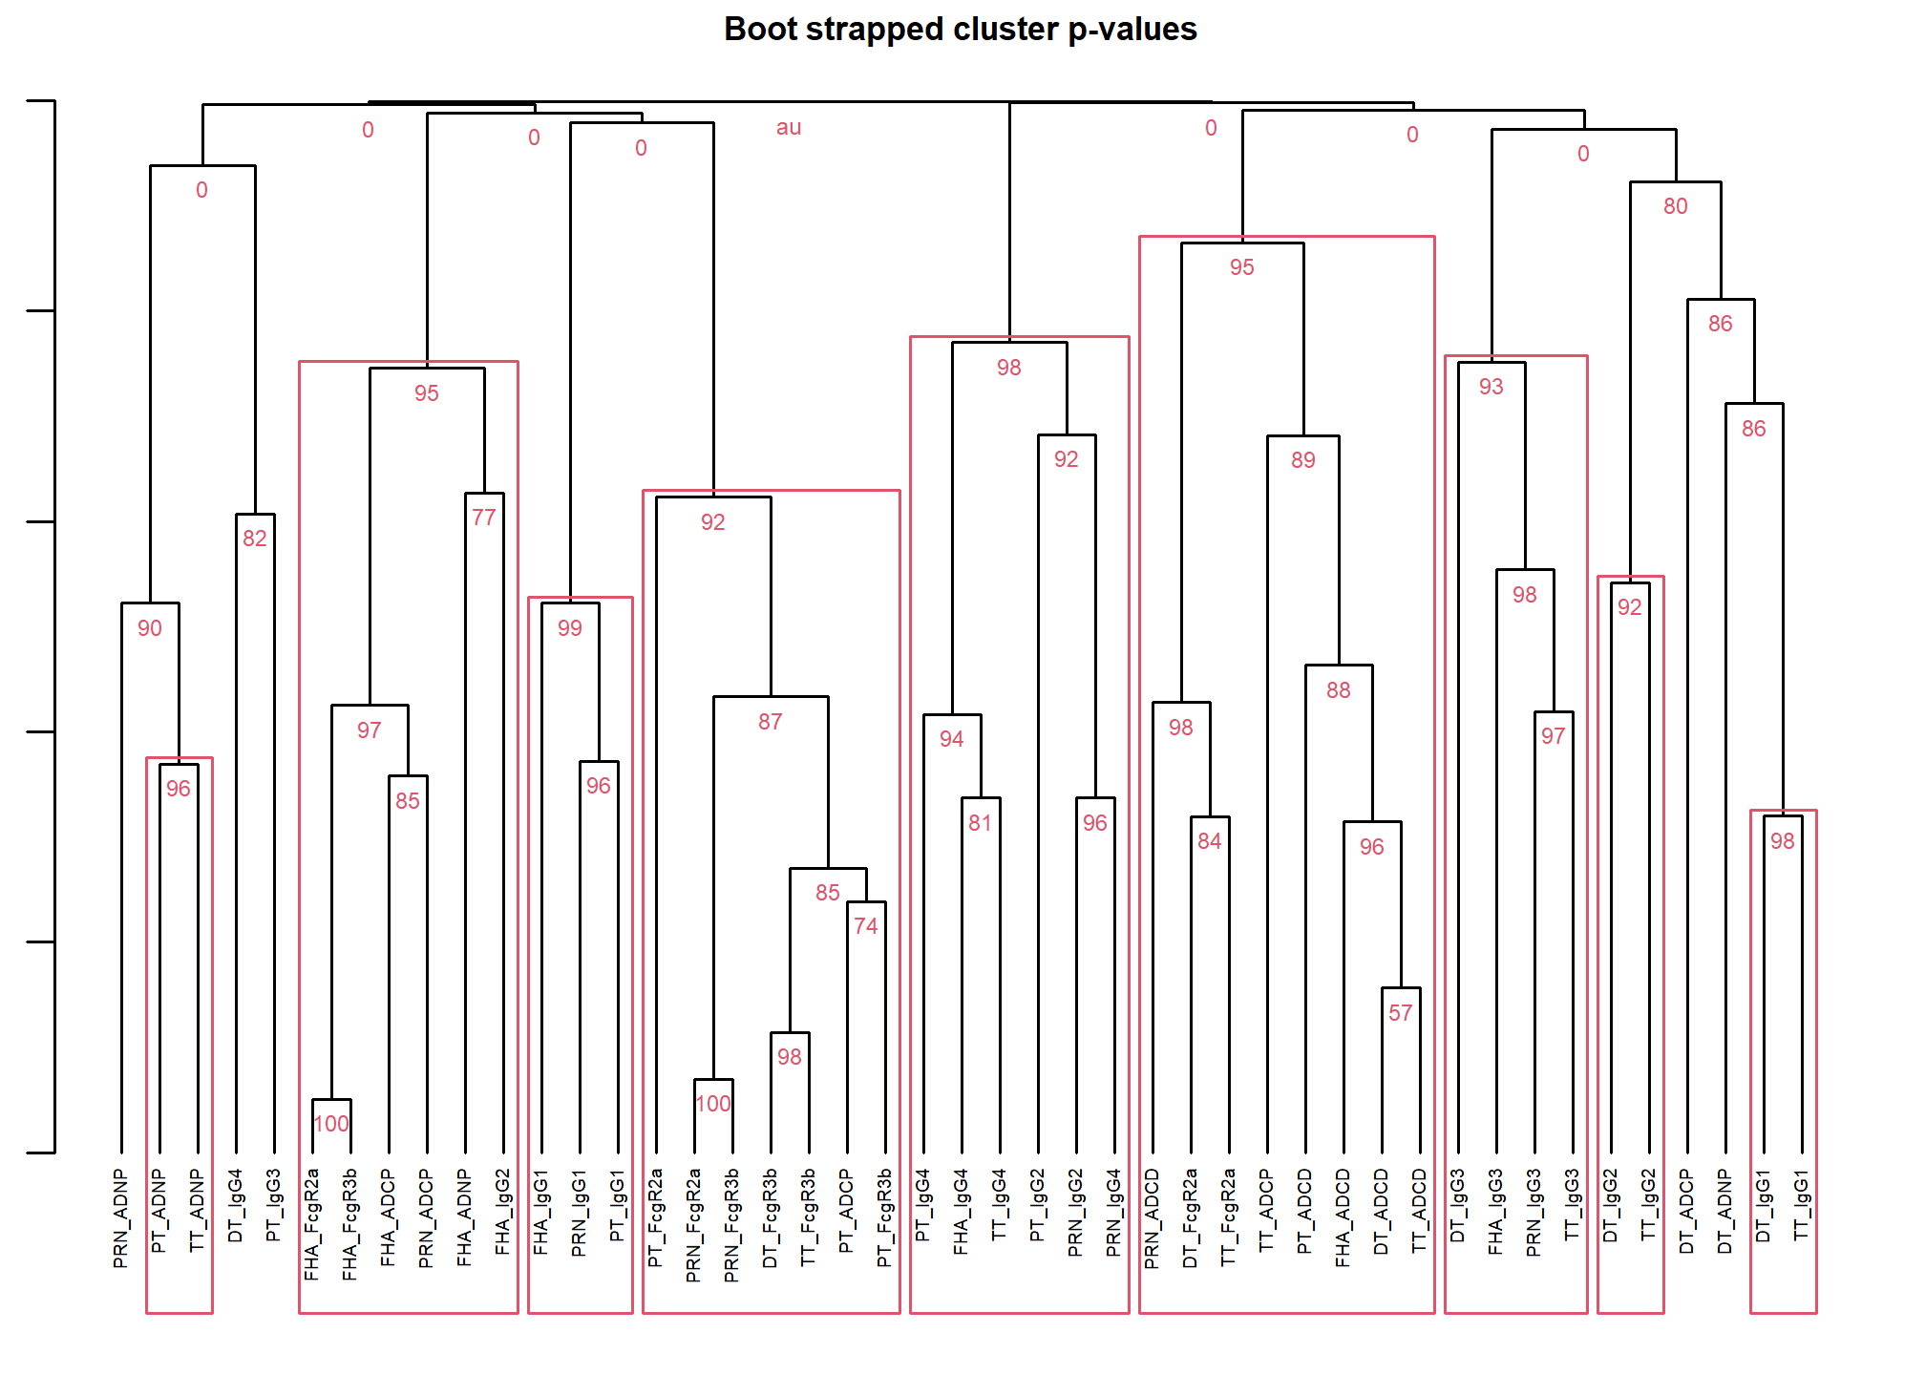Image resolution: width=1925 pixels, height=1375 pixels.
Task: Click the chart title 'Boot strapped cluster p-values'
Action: point(960,30)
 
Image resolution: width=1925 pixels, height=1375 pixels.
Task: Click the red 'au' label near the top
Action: point(789,128)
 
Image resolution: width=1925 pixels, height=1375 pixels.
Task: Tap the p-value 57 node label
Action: point(1400,1013)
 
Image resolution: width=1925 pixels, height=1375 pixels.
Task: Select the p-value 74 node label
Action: point(865,926)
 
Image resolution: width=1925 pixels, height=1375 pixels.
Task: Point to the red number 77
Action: point(483,518)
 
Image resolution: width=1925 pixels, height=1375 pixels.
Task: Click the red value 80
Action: point(1675,206)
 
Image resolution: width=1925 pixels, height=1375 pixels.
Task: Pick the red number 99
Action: point(569,628)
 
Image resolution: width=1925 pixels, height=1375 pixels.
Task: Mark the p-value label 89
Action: point(1302,460)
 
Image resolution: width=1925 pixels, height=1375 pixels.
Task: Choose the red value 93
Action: point(1491,387)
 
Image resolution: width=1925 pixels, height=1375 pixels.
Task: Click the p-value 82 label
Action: point(254,539)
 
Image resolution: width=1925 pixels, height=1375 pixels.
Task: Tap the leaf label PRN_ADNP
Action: point(120,1218)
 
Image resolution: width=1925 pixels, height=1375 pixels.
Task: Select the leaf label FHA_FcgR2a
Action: point(311,1224)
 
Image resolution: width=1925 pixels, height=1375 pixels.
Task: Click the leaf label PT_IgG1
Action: point(617,1205)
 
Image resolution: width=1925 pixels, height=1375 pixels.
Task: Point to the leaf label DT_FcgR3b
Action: point(770,1218)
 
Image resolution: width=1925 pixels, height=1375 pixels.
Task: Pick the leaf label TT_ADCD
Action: point(1419,1211)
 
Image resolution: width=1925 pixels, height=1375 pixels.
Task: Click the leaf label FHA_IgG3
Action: point(1495,1212)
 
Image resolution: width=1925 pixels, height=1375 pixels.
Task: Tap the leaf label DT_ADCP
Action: point(1686,1211)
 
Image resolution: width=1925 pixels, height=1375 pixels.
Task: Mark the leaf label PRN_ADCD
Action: point(1152,1218)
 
